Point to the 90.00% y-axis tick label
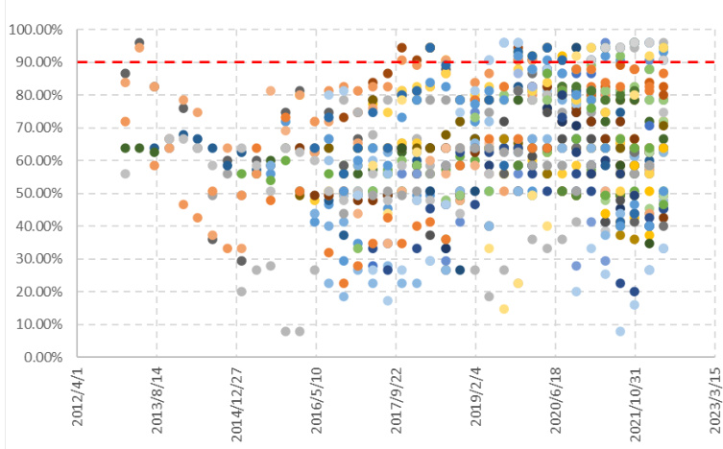point(34,62)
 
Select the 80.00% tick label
point(34,95)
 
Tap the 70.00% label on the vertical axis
point(34,128)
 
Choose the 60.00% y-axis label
point(34,160)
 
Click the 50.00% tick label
point(34,193)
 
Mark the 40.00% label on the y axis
point(34,226)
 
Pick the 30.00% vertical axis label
point(34,259)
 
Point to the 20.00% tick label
point(34,292)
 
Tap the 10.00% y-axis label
point(34,324)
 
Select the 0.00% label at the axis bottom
point(36,357)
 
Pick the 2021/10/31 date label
point(614,397)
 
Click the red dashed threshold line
point(384,62)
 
